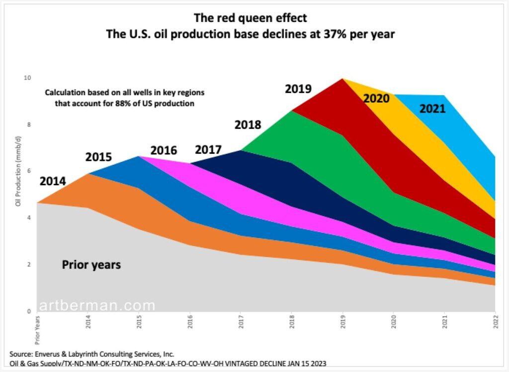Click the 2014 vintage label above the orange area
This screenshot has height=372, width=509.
point(52,181)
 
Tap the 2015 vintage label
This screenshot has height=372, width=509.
point(98,157)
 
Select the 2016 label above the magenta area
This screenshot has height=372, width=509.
point(164,150)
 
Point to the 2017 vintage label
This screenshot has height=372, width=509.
point(208,149)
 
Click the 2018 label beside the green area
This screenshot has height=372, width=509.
point(248,124)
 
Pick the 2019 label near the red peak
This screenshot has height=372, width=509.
point(298,89)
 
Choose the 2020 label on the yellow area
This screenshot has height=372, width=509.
point(376,98)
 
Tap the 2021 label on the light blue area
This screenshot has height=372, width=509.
point(432,108)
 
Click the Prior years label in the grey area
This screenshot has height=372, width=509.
point(91,265)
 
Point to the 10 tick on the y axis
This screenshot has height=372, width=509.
point(28,78)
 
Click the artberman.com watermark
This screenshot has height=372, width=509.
point(97,305)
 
